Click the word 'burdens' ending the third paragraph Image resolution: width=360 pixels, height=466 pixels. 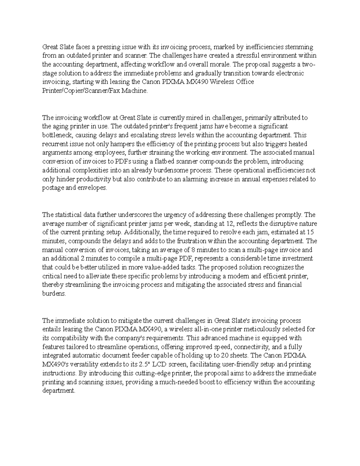pyautogui.click(x=54, y=294)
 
